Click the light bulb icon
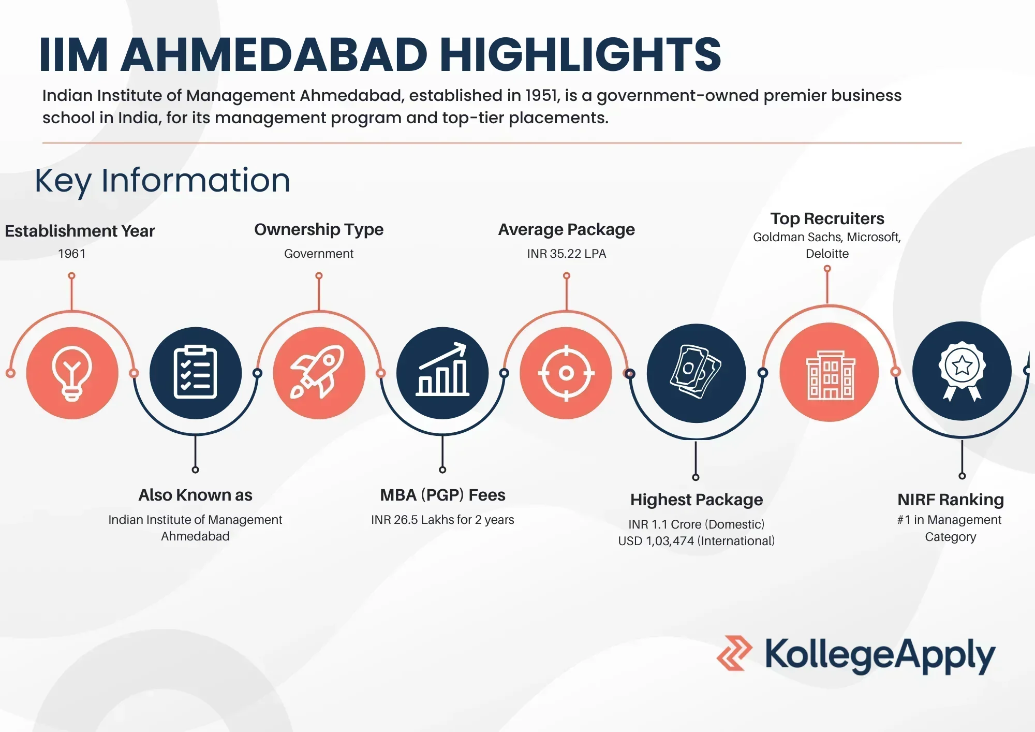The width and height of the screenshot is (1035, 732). pos(72,373)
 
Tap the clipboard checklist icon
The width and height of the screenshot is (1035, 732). pos(195,372)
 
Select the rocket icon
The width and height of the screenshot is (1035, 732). pos(318,372)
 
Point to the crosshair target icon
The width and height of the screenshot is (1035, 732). pos(566,373)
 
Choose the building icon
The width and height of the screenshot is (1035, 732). pos(830,372)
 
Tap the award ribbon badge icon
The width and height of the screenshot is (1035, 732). pos(962,370)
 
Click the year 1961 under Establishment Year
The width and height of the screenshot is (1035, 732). pos(71,254)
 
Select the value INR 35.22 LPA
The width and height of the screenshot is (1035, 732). pos(566,254)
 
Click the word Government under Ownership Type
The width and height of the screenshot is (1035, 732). pos(319,254)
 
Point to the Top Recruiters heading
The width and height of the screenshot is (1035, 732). pos(827,218)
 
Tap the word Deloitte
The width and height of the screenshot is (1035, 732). pos(827,254)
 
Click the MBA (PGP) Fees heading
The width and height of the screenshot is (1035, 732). pos(442,495)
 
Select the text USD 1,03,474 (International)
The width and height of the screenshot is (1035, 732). pos(696,541)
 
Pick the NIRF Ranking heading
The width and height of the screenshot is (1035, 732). pos(950,500)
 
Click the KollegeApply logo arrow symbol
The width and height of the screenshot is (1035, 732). pos(734,653)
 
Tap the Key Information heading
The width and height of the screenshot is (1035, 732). pos(162,181)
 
